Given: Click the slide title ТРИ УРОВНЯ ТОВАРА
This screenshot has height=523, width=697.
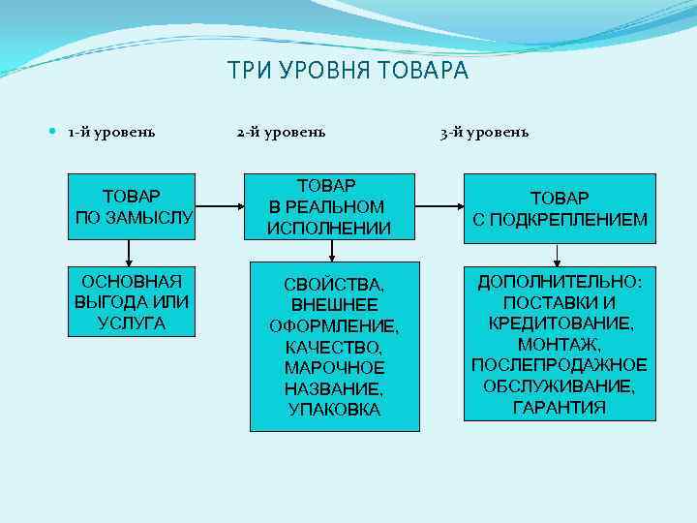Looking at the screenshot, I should [x=348, y=72].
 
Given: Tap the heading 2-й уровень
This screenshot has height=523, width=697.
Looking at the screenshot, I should [x=281, y=132].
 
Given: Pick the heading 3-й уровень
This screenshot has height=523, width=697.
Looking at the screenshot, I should [x=484, y=132].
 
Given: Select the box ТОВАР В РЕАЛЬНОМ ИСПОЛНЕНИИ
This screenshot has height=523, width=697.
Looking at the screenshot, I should [x=332, y=205].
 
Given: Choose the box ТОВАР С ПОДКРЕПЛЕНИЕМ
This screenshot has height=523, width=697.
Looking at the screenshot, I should [x=560, y=208].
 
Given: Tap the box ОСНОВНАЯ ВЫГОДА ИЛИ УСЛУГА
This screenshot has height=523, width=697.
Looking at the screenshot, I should [x=132, y=301].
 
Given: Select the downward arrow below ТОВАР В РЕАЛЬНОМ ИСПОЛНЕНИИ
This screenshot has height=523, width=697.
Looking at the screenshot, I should [x=332, y=251].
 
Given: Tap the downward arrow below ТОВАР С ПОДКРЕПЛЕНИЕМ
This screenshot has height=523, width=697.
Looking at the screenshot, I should [x=558, y=255].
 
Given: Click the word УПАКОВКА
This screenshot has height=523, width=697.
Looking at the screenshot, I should [x=334, y=410].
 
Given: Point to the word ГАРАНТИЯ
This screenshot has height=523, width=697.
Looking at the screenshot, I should [x=560, y=407].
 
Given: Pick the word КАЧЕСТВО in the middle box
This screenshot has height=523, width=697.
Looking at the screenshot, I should [x=334, y=347].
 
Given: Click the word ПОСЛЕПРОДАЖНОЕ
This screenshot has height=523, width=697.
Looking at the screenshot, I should [x=560, y=364].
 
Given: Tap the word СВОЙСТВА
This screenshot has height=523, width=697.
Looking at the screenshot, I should [x=334, y=284].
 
